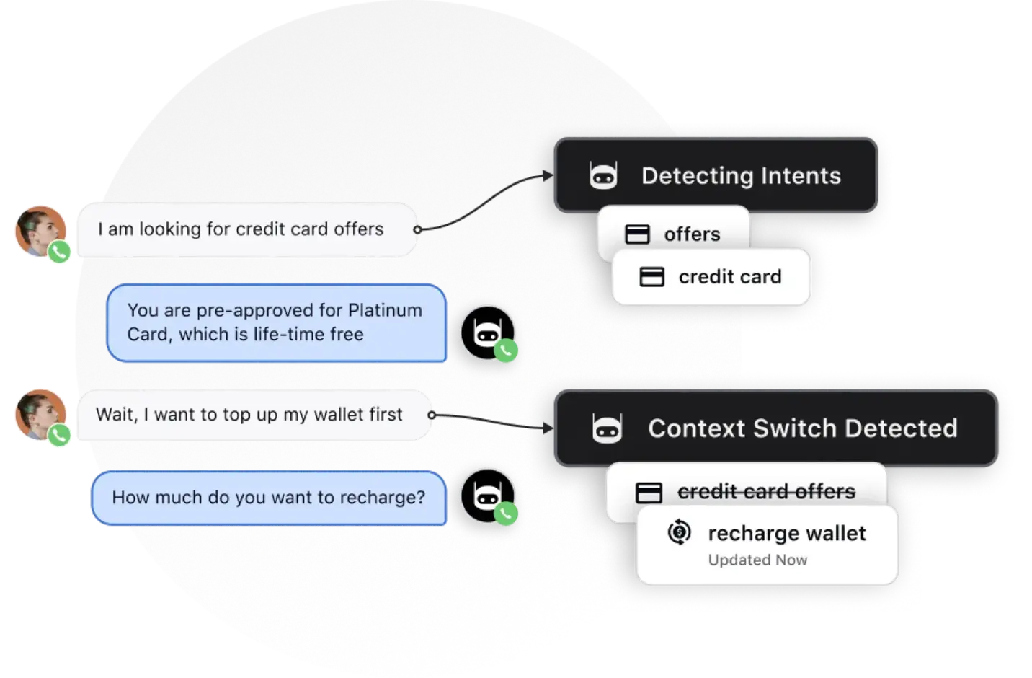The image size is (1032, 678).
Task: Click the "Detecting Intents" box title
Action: coord(741,176)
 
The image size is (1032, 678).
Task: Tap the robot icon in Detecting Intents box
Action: coord(603,176)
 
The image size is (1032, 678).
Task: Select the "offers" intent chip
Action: coord(691,234)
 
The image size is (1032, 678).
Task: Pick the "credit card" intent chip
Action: coord(729,277)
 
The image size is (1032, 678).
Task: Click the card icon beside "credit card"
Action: coord(651,277)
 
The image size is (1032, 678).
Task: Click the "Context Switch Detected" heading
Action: coord(802,428)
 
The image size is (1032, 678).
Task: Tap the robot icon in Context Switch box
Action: coord(607,428)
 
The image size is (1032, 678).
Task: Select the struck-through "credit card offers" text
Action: coord(766,492)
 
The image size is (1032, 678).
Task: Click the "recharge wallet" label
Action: coord(786,534)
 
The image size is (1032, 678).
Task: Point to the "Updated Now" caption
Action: coord(757,560)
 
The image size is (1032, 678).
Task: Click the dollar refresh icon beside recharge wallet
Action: coord(678,533)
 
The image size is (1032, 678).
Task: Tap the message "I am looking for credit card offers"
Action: coord(241,229)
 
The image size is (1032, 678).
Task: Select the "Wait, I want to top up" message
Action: coord(249,415)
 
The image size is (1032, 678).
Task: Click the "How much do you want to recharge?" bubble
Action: coord(268,498)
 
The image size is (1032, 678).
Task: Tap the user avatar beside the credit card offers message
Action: coord(41,232)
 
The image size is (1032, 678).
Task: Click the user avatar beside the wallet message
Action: coord(41,415)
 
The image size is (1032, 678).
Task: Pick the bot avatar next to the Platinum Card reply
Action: coord(487,333)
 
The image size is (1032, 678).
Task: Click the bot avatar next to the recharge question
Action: coord(487,496)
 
